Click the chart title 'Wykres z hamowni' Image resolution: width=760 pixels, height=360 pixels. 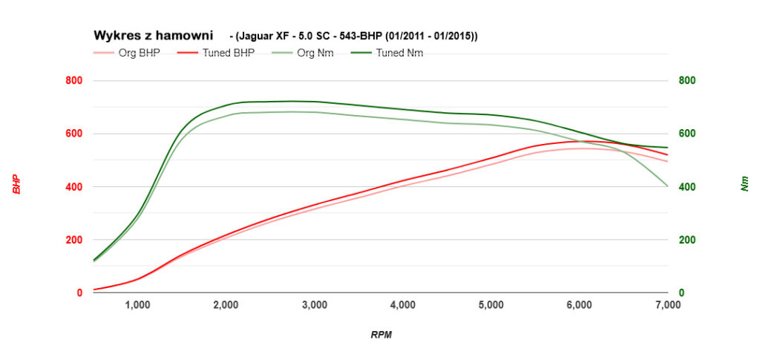point(153,35)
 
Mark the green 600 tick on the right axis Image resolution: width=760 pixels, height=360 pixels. point(687,134)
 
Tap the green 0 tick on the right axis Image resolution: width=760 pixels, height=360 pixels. point(681,293)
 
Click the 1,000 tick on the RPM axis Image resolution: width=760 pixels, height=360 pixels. point(138,304)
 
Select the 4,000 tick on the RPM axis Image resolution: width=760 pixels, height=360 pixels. point(403,304)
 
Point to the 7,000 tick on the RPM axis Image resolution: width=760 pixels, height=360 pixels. point(667,304)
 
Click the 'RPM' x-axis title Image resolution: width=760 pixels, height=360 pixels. point(381,335)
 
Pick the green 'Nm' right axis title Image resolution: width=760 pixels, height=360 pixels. point(744,184)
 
